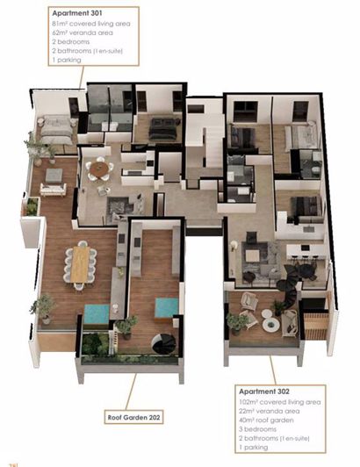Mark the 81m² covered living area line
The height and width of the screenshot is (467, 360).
[x=90, y=23]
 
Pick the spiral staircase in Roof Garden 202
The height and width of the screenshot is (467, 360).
[x=163, y=345]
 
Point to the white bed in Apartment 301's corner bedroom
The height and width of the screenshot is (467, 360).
[x=54, y=129]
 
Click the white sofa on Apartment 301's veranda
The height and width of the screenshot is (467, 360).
[x=53, y=188]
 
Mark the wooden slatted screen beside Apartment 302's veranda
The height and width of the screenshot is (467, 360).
[x=314, y=325]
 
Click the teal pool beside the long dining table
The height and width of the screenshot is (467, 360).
[x=96, y=312]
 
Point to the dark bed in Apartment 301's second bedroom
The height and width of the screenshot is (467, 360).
[x=163, y=129]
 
